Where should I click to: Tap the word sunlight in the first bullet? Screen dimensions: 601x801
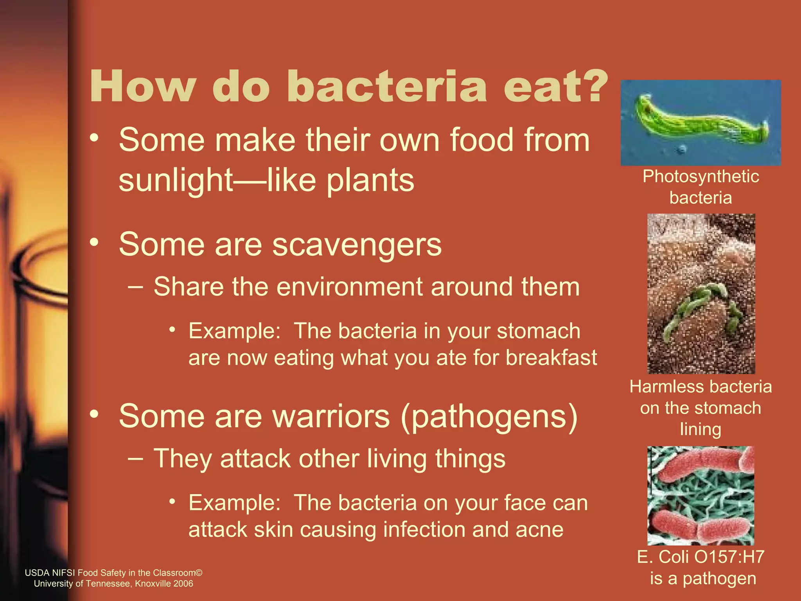tap(176, 181)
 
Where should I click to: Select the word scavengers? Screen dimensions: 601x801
tap(356, 245)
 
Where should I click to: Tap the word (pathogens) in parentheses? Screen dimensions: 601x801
tap(489, 417)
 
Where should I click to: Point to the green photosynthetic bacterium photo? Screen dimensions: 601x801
tap(700, 123)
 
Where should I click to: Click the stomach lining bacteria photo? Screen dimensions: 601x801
tap(701, 293)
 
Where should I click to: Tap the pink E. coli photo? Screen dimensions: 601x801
tap(700, 495)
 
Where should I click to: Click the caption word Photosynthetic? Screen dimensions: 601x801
tap(700, 177)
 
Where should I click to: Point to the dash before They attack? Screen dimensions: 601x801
tap(135, 459)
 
